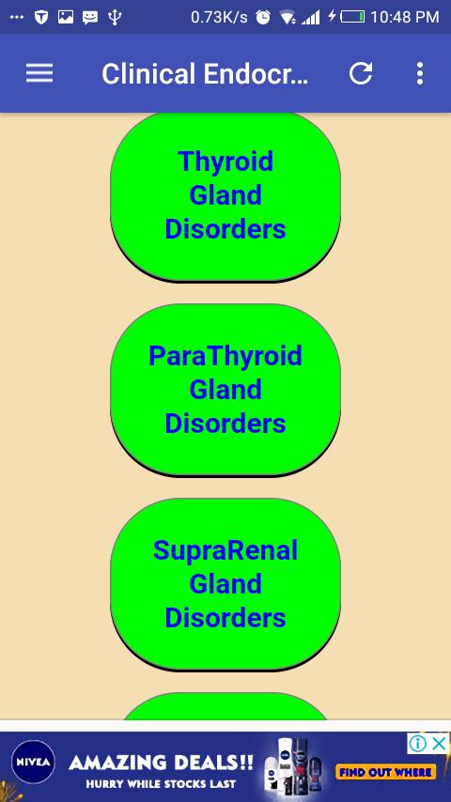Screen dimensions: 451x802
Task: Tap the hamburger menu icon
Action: pos(39,73)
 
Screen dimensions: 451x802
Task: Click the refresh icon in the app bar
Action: pos(361,73)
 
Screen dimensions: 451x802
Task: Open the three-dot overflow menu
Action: pos(420,73)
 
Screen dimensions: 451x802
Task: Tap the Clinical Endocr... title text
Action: pos(205,73)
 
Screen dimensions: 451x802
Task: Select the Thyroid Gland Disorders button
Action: pos(225,196)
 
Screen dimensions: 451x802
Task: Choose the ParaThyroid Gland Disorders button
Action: pos(225,391)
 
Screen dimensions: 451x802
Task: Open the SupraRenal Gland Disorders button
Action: pos(225,584)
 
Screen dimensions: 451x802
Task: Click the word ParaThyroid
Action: pos(225,356)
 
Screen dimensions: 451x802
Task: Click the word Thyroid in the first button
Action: pos(225,162)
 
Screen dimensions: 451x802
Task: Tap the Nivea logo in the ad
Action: pos(33,762)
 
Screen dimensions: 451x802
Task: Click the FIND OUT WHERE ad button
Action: pos(385,772)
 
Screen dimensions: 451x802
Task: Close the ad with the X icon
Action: pos(440,743)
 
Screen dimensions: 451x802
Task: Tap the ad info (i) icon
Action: pos(418,743)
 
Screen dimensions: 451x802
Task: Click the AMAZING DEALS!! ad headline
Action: pos(161,763)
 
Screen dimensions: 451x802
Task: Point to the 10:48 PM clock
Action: pos(404,17)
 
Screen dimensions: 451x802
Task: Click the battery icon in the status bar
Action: pos(352,16)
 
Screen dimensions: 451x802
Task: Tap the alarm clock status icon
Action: pos(263,17)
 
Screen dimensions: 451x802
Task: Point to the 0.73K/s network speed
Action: pos(219,17)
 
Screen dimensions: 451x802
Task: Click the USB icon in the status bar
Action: pos(115,17)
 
